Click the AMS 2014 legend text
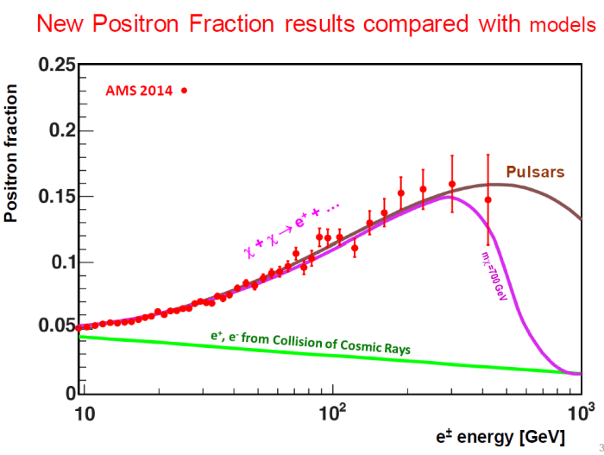(139, 90)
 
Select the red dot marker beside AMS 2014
(184, 90)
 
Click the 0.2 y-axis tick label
(59, 131)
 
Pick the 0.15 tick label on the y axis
(53, 197)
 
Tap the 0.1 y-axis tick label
(59, 262)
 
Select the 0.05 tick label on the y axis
(53, 327)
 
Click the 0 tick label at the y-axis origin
(67, 393)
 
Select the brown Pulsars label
(535, 172)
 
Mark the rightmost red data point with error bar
(488, 199)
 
